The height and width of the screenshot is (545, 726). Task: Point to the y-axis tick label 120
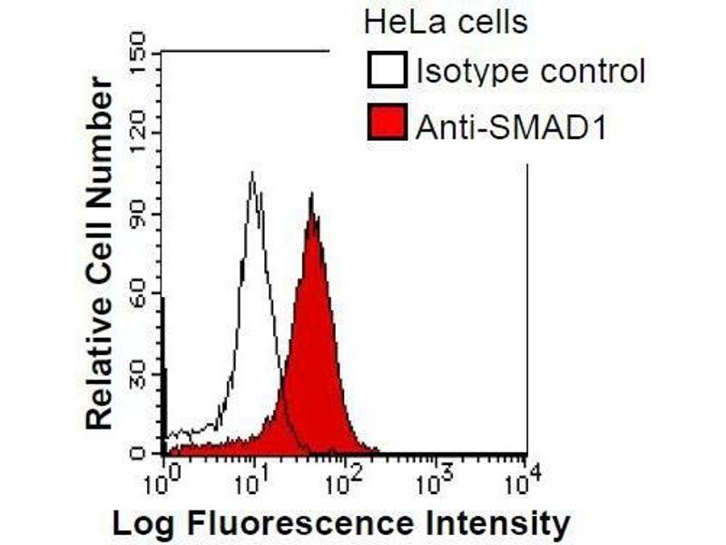click(x=138, y=133)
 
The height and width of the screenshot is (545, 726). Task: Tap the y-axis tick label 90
click(x=138, y=213)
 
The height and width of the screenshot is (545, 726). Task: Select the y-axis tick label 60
click(x=138, y=293)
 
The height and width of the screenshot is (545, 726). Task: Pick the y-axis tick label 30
click(x=138, y=373)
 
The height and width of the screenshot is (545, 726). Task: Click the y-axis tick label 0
click(x=138, y=451)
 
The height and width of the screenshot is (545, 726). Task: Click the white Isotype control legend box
click(x=387, y=71)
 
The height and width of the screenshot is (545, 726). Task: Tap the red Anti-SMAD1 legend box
click(x=387, y=123)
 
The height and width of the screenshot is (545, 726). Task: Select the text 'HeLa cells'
click(x=445, y=21)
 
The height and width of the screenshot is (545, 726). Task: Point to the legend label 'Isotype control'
click(x=530, y=72)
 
